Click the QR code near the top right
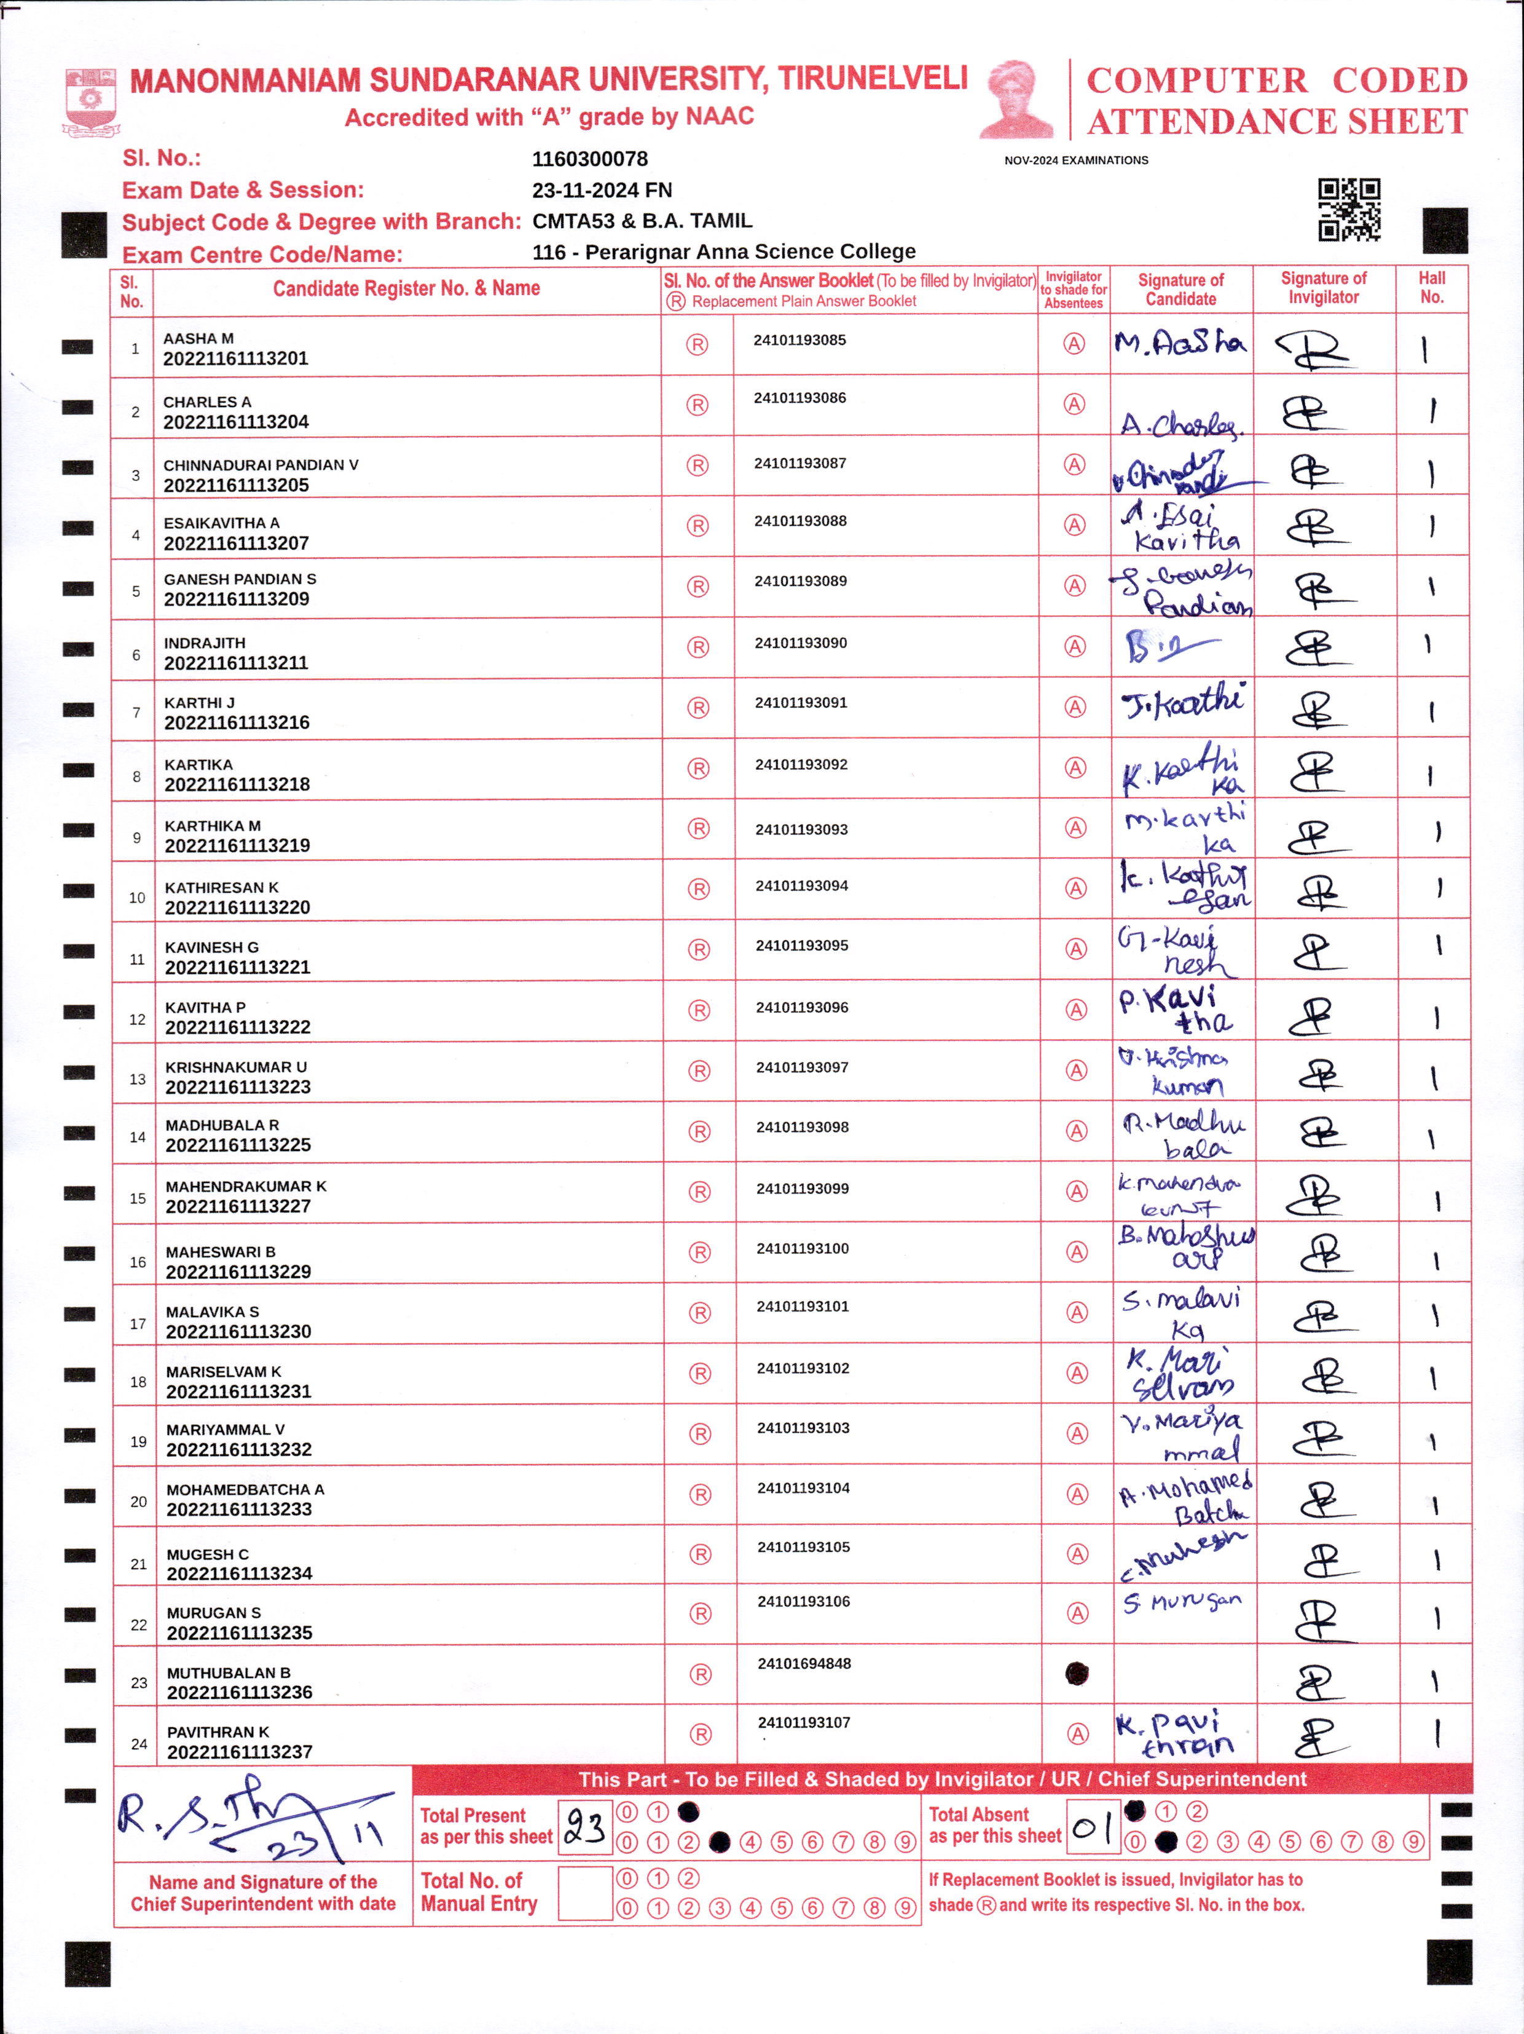(x=1349, y=210)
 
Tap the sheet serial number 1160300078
(x=590, y=159)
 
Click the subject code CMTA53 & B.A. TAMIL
(x=642, y=221)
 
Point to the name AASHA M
(x=198, y=338)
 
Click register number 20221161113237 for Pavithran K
(x=240, y=1752)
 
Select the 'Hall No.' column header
(x=1431, y=288)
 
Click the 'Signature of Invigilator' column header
(x=1324, y=288)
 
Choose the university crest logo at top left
(x=90, y=100)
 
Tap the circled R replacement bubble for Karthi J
(x=699, y=708)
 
